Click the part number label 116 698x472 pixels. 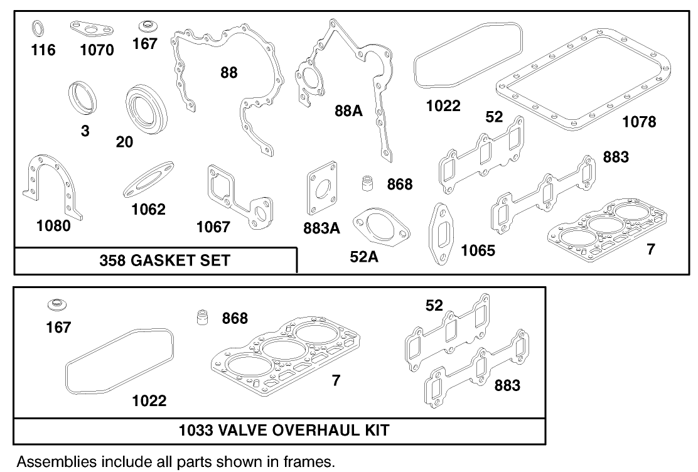pos(43,50)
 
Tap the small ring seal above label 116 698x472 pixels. pos(38,28)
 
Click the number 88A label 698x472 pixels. pos(348,111)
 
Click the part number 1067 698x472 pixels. pos(213,227)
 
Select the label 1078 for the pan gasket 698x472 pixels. pos(639,122)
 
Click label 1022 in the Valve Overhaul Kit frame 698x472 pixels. pos(149,400)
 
